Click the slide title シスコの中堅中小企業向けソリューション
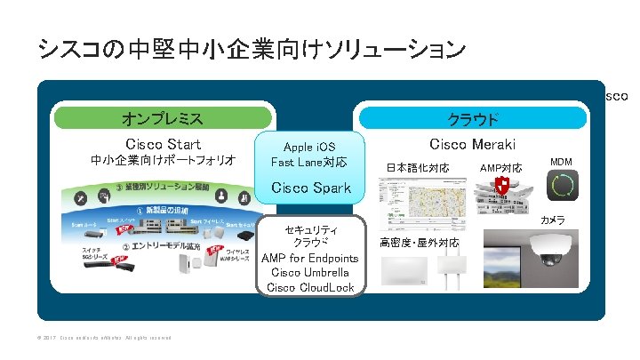click(252, 48)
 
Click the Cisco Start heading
click(164, 144)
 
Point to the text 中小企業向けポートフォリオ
click(164, 161)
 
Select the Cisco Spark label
click(310, 188)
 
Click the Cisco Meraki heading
click(472, 144)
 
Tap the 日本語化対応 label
click(418, 167)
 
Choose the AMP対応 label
click(500, 167)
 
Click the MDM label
click(561, 162)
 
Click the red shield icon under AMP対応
click(502, 186)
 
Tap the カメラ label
click(553, 220)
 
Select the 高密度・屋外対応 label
click(420, 242)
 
